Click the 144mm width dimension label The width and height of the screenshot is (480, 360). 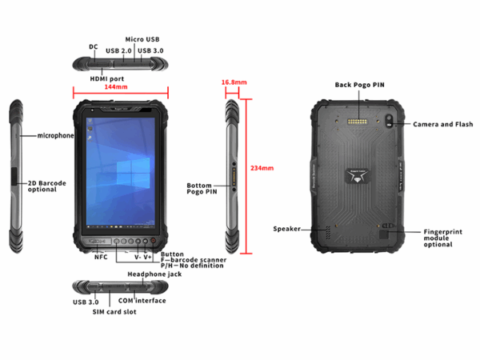pyautogui.click(x=116, y=87)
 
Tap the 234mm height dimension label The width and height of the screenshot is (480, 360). pyautogui.click(x=262, y=168)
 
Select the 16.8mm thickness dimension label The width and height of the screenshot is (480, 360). pyautogui.click(x=234, y=82)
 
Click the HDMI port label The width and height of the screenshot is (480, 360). pyautogui.click(x=107, y=78)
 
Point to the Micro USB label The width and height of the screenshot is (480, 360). pyautogui.click(x=142, y=39)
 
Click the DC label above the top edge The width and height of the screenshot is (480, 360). pyautogui.click(x=94, y=46)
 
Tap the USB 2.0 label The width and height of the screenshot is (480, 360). pyautogui.click(x=118, y=51)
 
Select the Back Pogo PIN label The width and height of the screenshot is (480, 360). pyautogui.click(x=359, y=85)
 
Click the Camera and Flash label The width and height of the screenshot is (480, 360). pyautogui.click(x=442, y=124)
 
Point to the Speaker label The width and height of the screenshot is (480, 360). pyautogui.click(x=287, y=229)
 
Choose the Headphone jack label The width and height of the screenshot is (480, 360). pyautogui.click(x=154, y=274)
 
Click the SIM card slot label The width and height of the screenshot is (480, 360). pyautogui.click(x=114, y=312)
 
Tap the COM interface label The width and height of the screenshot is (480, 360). pyautogui.click(x=142, y=301)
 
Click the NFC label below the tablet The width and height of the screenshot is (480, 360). pyautogui.click(x=101, y=257)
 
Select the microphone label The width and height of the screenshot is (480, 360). pyautogui.click(x=55, y=136)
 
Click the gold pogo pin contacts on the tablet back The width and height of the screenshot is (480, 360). pyautogui.click(x=357, y=122)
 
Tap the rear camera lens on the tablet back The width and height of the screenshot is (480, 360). pyautogui.click(x=389, y=118)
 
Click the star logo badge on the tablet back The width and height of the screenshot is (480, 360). pyautogui.click(x=358, y=176)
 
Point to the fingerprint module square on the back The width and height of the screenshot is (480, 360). pyautogui.click(x=383, y=234)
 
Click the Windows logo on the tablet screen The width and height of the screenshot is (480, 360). pyautogui.click(x=133, y=174)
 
